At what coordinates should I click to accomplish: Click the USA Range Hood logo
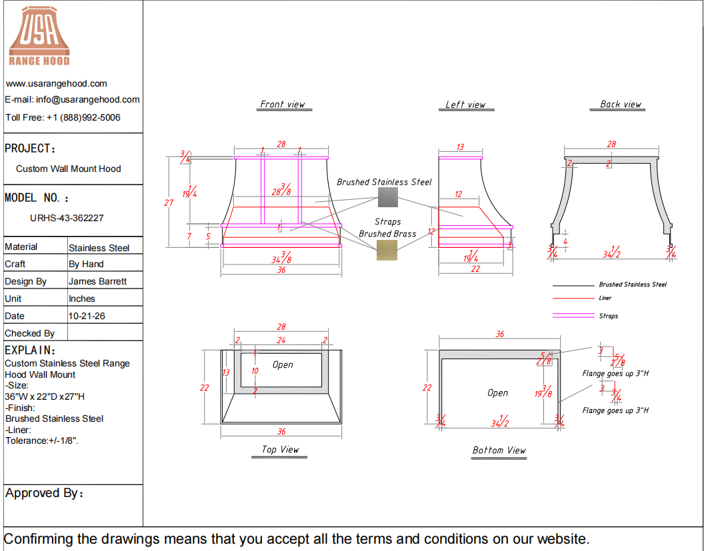tap(39, 36)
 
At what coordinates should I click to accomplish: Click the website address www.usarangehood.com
tap(57, 83)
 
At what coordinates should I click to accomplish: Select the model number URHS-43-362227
tap(67, 218)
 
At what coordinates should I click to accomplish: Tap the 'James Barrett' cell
tap(97, 282)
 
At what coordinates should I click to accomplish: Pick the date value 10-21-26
tap(87, 316)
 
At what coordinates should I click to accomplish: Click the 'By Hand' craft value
tap(86, 264)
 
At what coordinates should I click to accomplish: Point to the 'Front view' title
tap(283, 104)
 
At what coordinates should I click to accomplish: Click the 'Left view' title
tap(465, 105)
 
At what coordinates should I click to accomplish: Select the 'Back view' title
tap(621, 104)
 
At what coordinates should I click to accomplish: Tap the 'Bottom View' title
tap(499, 450)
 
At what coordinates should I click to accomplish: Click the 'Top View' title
tap(281, 450)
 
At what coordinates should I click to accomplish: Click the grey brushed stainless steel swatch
tap(388, 197)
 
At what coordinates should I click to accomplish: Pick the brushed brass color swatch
tap(387, 250)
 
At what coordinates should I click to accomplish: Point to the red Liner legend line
tap(573, 298)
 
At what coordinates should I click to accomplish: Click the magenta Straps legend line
tap(573, 315)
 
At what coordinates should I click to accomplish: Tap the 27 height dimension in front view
tap(169, 203)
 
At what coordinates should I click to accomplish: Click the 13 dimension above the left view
tap(460, 147)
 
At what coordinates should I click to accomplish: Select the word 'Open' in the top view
tap(283, 364)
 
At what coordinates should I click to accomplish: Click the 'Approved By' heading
tap(44, 493)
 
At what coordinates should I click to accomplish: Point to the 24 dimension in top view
tap(281, 340)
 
